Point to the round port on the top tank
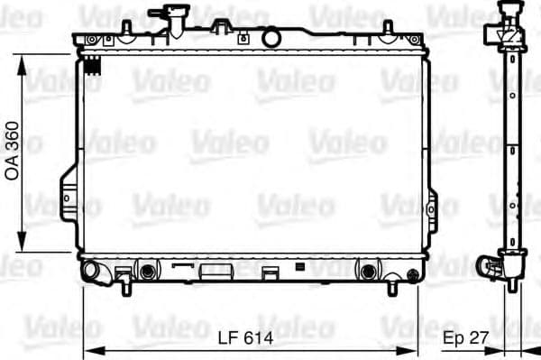point(270,38)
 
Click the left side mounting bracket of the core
point(69,194)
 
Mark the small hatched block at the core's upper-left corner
point(90,60)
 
